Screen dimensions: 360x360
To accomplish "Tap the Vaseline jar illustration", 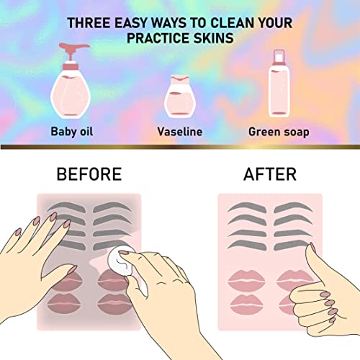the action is tap(180, 96).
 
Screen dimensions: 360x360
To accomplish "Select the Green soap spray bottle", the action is tap(279, 84).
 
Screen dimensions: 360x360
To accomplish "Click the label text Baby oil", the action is tap(72, 132).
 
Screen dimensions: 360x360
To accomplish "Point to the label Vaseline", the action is tap(180, 132).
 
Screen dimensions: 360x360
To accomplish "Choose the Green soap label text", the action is tap(279, 132).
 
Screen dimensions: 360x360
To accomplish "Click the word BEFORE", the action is tap(89, 174).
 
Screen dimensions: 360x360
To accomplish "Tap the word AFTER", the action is tap(270, 174).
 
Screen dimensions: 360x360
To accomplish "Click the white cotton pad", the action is tap(120, 261).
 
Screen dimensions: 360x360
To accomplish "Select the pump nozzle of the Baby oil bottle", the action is tap(73, 49).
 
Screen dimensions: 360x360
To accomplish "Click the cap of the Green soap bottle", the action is tap(279, 58).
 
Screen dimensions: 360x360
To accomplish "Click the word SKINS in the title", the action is tap(213, 38).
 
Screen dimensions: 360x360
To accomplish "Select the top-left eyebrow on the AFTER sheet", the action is tap(247, 207).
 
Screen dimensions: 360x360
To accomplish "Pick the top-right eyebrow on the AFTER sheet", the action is tap(293, 207).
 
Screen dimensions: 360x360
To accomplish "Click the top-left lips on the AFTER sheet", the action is tap(246, 281).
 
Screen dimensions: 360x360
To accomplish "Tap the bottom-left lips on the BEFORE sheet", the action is tap(64, 303).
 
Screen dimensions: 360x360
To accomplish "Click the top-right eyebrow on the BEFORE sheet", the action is tap(112, 207).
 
